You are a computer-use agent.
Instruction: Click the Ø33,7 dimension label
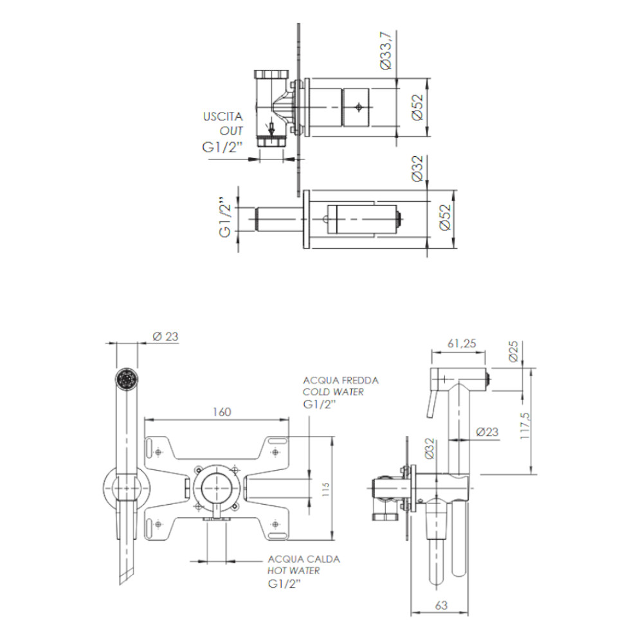pyautogui.click(x=385, y=52)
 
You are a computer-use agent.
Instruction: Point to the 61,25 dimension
pyautogui.click(x=462, y=344)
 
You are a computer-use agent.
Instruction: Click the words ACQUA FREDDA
pyautogui.click(x=341, y=381)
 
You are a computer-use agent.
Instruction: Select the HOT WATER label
pyautogui.click(x=294, y=570)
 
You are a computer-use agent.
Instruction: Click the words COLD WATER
pyautogui.click(x=333, y=392)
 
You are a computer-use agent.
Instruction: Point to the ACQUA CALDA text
pyautogui.click(x=304, y=559)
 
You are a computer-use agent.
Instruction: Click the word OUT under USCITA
pyautogui.click(x=232, y=131)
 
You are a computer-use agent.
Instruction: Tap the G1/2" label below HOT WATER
pyautogui.click(x=284, y=584)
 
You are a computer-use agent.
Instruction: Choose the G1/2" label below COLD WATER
pyautogui.click(x=319, y=404)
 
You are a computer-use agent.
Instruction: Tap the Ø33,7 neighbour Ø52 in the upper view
pyautogui.click(x=417, y=107)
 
